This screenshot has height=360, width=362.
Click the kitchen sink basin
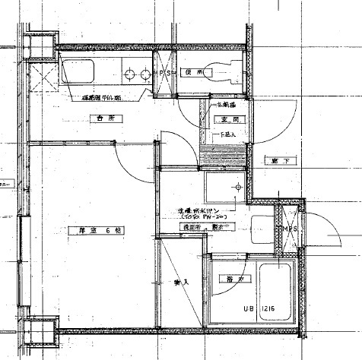(x=78, y=74)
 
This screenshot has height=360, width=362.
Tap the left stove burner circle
(x=130, y=74)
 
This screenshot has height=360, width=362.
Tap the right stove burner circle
(x=144, y=74)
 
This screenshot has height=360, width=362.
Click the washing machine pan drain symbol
(x=238, y=185)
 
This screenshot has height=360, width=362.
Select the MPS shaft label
(x=289, y=229)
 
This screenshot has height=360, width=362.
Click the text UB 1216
(x=259, y=311)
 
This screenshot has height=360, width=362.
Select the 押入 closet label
(x=181, y=282)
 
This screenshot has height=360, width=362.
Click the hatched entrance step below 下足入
(x=223, y=159)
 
